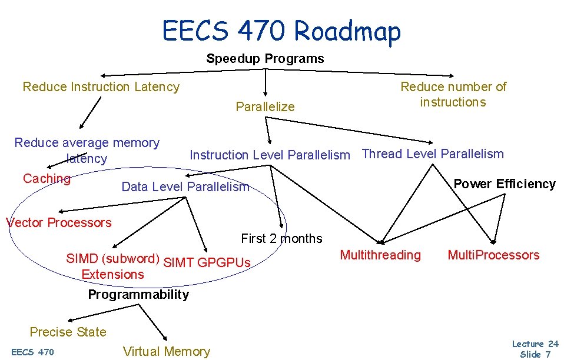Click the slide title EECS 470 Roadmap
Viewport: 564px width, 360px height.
point(281,31)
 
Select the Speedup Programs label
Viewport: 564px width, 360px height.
point(265,59)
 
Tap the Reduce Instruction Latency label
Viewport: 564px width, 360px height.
point(101,87)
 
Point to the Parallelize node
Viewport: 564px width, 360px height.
point(265,107)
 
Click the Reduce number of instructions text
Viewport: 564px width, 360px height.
point(453,94)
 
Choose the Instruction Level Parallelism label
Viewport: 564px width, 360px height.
point(270,155)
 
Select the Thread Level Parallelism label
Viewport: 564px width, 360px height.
point(433,154)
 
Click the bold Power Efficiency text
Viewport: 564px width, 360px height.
point(505,184)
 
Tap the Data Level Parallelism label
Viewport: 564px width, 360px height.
point(185,187)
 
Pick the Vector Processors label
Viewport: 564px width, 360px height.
point(58,222)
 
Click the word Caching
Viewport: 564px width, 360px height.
point(47,179)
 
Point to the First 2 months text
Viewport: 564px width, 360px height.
point(281,239)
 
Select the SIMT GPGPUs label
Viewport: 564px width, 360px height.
point(207,262)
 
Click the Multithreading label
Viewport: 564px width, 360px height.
point(380,255)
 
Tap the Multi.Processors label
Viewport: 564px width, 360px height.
point(493,255)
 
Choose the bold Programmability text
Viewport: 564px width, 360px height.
point(138,295)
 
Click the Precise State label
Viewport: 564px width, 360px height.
point(68,332)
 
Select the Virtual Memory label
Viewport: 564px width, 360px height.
point(166,352)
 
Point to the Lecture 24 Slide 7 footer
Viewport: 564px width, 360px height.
point(535,349)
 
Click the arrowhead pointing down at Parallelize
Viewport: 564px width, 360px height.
point(266,92)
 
